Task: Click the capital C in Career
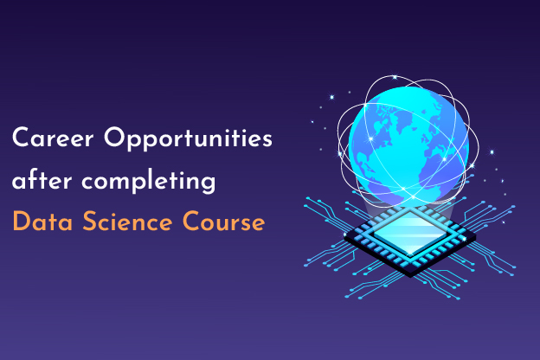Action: pyautogui.click(x=20, y=138)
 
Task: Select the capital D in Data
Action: pyautogui.click(x=20, y=223)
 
